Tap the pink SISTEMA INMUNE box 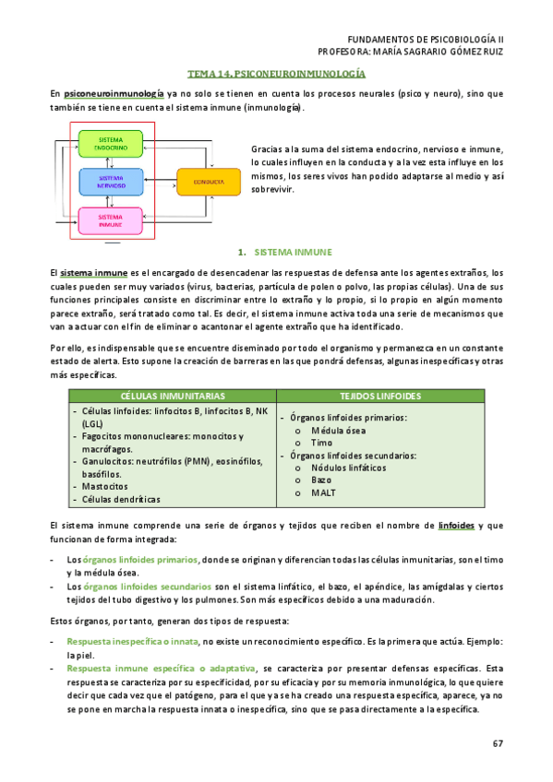pyautogui.click(x=111, y=220)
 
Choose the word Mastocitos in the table pyautogui.click(x=105, y=484)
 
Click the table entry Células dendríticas pyautogui.click(x=121, y=499)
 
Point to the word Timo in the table pyautogui.click(x=322, y=443)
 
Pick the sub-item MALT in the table pyautogui.click(x=324, y=493)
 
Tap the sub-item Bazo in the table pyautogui.click(x=322, y=480)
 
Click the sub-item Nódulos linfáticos pyautogui.click(x=346, y=468)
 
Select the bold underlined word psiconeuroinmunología pyautogui.click(x=114, y=93)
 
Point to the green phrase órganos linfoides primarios pyautogui.click(x=139, y=560)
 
